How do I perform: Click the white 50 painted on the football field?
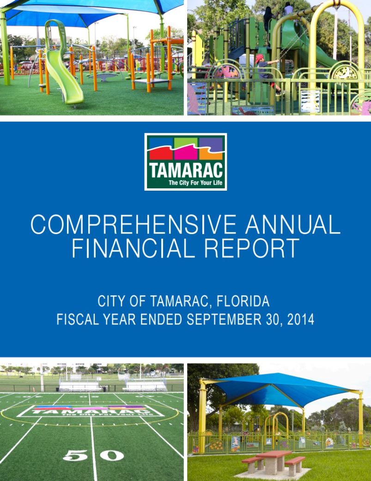[93, 456]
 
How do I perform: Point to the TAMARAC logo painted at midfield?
[90, 410]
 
